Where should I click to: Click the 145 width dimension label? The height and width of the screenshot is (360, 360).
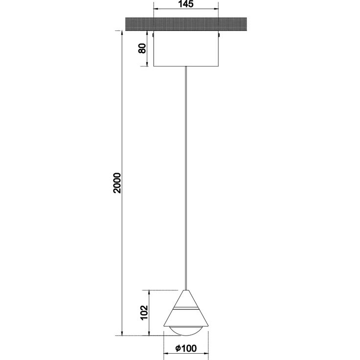click(x=186, y=4)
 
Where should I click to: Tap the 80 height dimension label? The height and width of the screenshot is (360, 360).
click(x=142, y=48)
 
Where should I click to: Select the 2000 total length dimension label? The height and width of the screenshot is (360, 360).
click(x=117, y=183)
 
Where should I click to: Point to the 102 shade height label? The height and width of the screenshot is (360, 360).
click(x=144, y=313)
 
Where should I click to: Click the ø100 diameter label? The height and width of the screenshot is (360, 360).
click(x=186, y=348)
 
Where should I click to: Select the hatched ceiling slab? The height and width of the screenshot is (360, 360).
click(x=186, y=23)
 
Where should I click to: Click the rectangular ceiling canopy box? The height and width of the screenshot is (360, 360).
click(x=186, y=48)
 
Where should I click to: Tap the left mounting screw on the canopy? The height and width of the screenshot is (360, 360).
click(x=153, y=35)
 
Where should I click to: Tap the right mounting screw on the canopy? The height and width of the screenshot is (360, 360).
click(x=219, y=35)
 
